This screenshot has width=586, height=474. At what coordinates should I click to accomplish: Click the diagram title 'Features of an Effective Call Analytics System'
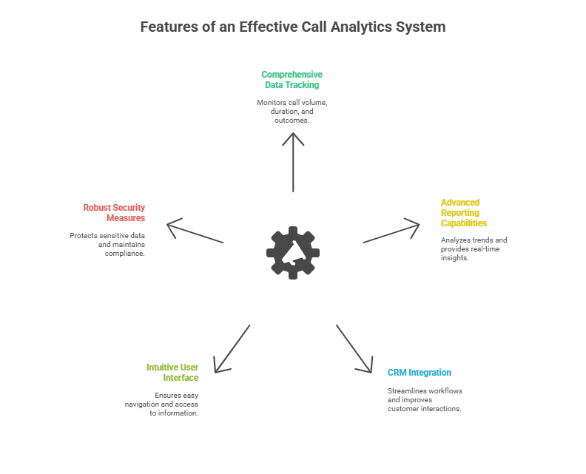(x=293, y=27)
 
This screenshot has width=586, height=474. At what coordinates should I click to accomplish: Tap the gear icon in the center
(x=293, y=252)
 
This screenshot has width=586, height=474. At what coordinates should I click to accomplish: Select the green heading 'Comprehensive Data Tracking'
(x=292, y=80)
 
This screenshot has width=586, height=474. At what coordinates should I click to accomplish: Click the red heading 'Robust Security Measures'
(x=114, y=213)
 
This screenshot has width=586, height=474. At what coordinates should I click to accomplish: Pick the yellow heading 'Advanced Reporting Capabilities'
(x=463, y=213)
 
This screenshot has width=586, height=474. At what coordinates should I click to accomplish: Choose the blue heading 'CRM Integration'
(x=419, y=373)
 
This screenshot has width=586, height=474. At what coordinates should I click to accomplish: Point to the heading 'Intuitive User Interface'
(x=172, y=372)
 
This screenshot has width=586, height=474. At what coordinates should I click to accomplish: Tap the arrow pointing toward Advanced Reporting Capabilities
(x=391, y=231)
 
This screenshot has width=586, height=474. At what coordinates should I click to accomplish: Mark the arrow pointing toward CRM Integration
(x=354, y=348)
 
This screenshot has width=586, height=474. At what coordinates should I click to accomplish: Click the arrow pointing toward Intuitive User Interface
(x=232, y=348)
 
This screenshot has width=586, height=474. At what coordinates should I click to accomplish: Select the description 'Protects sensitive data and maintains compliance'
(x=108, y=244)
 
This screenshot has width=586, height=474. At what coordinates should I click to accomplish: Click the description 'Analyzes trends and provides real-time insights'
(x=474, y=249)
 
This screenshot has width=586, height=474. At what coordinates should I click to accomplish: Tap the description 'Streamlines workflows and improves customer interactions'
(x=425, y=400)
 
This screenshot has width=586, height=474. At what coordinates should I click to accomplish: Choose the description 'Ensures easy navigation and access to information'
(x=162, y=404)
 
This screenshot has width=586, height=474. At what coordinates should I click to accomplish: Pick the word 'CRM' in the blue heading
(x=397, y=373)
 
